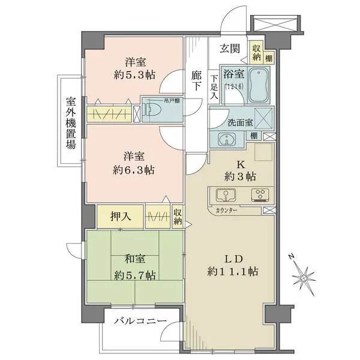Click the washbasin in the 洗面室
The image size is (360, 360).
(x=227, y=139)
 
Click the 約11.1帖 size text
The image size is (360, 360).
(x=234, y=272)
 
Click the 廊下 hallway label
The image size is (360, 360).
(x=197, y=81)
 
